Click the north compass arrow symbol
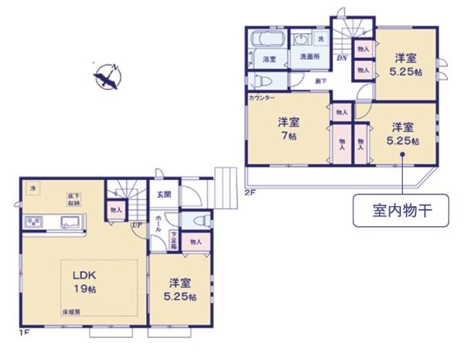coord(107,75)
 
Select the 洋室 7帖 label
coord(288,127)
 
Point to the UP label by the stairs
coord(136,226)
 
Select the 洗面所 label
coord(310,58)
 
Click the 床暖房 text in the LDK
coord(72,311)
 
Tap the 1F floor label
coord(25,333)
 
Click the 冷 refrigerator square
coord(32,188)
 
